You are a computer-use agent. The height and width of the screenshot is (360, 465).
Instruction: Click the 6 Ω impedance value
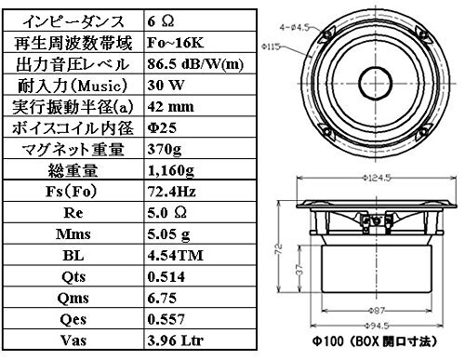point(161,21)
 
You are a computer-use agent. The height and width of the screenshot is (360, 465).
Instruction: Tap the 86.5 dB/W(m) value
point(195,64)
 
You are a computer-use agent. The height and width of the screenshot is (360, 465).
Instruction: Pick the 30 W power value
point(166,86)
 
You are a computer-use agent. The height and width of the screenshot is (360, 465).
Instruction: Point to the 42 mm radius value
point(171,107)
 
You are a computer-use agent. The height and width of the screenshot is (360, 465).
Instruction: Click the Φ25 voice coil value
point(162,127)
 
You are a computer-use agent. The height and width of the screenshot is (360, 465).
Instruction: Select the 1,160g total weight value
point(171,171)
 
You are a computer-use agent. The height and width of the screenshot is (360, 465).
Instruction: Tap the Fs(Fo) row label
point(72,192)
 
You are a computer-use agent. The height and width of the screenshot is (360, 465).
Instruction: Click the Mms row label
point(73,234)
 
